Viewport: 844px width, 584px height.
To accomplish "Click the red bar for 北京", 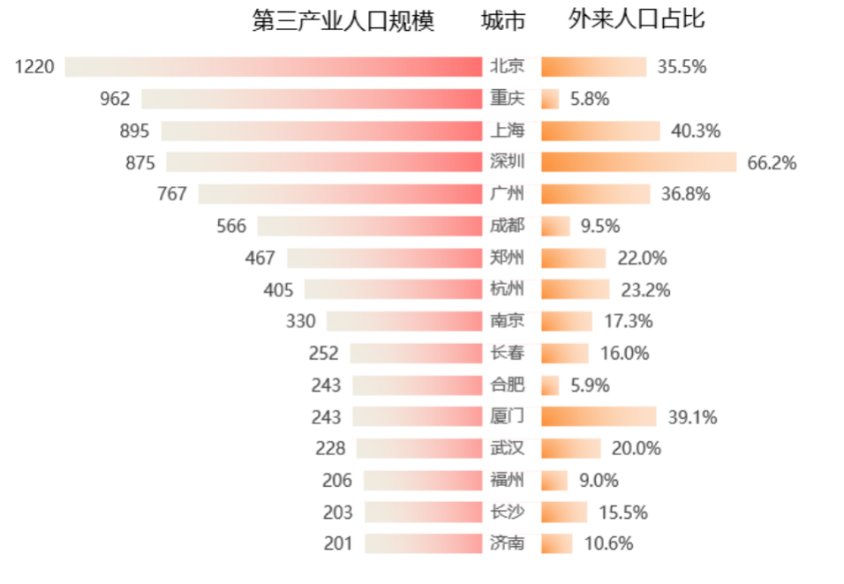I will (274, 66).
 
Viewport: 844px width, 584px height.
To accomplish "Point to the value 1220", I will (34, 67).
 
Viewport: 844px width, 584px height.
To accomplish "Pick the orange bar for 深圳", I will (638, 162).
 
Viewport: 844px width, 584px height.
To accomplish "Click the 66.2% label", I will (772, 163).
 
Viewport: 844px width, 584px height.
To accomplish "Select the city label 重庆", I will (507, 99).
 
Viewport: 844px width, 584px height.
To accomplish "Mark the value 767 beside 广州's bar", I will (172, 194).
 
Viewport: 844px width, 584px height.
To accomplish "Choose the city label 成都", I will (507, 226).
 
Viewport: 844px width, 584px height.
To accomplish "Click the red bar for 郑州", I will (384, 258).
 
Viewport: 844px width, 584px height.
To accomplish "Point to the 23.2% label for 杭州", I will (645, 289).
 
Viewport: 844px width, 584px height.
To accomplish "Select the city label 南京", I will (507, 321).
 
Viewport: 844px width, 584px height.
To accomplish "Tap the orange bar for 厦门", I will (598, 416).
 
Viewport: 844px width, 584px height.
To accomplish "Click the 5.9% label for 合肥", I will (590, 385).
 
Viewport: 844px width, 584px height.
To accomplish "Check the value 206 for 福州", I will (337, 481).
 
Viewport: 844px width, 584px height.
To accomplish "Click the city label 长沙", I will (507, 512).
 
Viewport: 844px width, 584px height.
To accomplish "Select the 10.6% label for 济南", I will (608, 543).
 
